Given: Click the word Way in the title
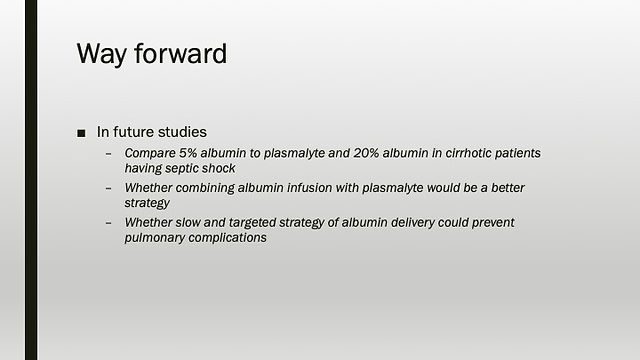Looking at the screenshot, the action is (102, 54).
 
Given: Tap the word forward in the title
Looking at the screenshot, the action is (180, 53).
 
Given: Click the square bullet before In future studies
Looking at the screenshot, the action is (81, 133).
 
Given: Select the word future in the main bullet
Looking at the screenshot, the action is (133, 132).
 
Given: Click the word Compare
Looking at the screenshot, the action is (150, 153).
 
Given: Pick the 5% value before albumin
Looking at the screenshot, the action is (188, 153).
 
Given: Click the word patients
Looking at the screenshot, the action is (518, 153).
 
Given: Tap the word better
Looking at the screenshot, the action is (508, 188).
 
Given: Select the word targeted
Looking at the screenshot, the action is (252, 223).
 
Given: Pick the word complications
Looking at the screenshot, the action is (228, 238).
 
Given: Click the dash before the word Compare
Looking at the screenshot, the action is (108, 154).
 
